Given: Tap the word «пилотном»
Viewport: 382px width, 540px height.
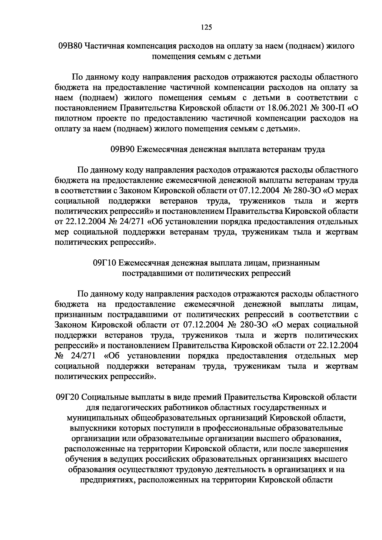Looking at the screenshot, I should [74, 118].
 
